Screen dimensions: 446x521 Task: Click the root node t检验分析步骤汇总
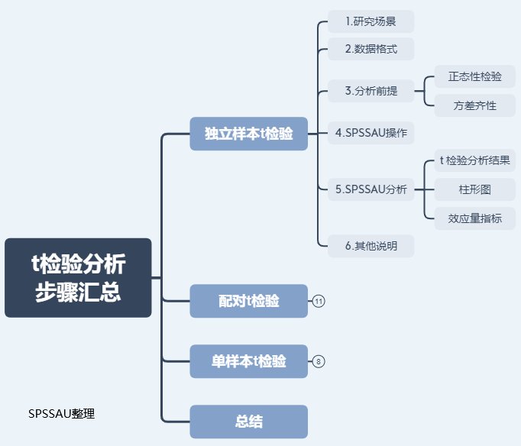click(x=78, y=278)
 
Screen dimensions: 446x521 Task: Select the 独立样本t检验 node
click(x=248, y=134)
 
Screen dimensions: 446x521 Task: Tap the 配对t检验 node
click(x=248, y=301)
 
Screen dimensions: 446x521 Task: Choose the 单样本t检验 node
click(x=248, y=361)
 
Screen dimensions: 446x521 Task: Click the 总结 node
click(x=248, y=422)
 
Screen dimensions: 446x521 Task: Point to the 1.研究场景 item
click(x=371, y=21)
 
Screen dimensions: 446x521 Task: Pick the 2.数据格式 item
click(x=371, y=49)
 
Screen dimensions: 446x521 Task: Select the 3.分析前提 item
click(x=371, y=91)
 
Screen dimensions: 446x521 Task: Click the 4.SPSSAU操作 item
click(x=371, y=133)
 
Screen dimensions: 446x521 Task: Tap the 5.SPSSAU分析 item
click(x=371, y=189)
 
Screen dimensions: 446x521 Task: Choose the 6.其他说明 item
click(x=371, y=246)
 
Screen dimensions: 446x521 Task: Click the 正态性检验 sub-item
click(x=475, y=76)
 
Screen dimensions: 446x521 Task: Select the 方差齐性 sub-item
click(x=475, y=105)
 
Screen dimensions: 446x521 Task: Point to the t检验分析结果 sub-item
click(x=475, y=161)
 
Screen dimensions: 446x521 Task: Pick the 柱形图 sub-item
click(x=475, y=189)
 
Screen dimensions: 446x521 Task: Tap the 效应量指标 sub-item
click(x=475, y=218)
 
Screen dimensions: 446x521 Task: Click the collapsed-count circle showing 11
click(x=319, y=302)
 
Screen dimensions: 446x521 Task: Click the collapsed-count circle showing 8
click(x=319, y=362)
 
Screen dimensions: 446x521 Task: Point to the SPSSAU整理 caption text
click(x=61, y=413)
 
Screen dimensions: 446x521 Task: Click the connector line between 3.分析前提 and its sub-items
click(x=419, y=91)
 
